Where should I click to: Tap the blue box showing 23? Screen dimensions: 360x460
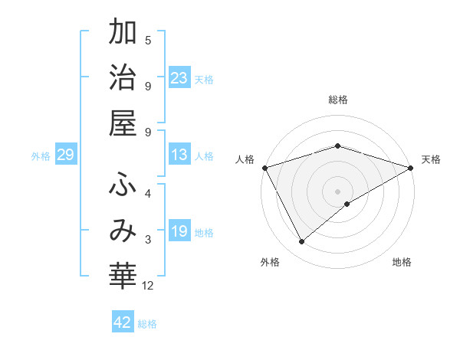click(179, 77)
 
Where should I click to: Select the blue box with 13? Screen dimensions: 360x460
click(179, 155)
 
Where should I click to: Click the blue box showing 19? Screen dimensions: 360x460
click(179, 231)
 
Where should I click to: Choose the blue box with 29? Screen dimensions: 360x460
click(65, 155)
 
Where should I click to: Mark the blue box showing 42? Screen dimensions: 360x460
click(123, 322)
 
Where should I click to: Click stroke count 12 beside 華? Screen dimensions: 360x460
click(148, 286)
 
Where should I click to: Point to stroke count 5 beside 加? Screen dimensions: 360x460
click(148, 40)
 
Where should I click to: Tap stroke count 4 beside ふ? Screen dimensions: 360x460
click(148, 193)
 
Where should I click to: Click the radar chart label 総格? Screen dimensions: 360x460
click(337, 100)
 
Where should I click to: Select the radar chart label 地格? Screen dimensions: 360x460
click(402, 263)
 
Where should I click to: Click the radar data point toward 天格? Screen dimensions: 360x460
click(410, 167)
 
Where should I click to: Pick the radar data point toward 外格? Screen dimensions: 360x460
click(301, 242)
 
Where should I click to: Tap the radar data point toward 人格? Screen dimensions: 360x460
click(264, 167)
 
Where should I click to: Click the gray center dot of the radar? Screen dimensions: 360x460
click(337, 191)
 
